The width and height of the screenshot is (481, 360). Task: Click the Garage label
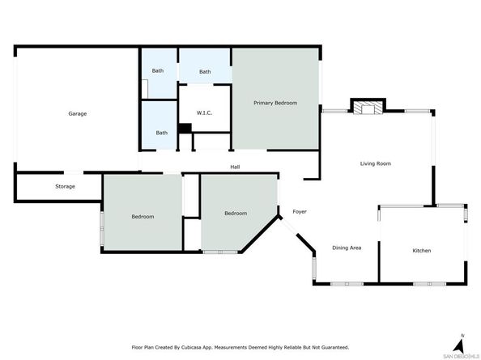pyautogui.click(x=77, y=113)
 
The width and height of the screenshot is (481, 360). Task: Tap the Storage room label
pyautogui.click(x=65, y=187)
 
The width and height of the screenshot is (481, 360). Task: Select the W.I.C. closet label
pyautogui.click(x=205, y=113)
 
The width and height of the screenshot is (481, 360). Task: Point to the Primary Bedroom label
pyautogui.click(x=275, y=103)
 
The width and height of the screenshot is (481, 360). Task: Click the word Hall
pyautogui.click(x=235, y=167)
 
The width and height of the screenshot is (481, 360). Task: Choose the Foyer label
pyautogui.click(x=299, y=212)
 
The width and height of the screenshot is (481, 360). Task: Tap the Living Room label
pyautogui.click(x=376, y=163)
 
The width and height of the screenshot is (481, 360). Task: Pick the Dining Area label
pyautogui.click(x=347, y=248)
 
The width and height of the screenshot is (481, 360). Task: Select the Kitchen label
pyautogui.click(x=422, y=251)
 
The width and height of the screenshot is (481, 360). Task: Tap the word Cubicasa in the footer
pyautogui.click(x=205, y=348)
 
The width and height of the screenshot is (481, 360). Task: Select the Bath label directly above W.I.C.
pyautogui.click(x=205, y=71)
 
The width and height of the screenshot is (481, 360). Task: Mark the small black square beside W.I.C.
pyautogui.click(x=184, y=127)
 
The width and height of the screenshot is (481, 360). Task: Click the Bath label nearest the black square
pyautogui.click(x=162, y=133)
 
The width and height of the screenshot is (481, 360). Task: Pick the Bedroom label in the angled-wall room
pyautogui.click(x=236, y=213)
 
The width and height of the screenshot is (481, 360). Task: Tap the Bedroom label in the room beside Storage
pyautogui.click(x=143, y=217)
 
